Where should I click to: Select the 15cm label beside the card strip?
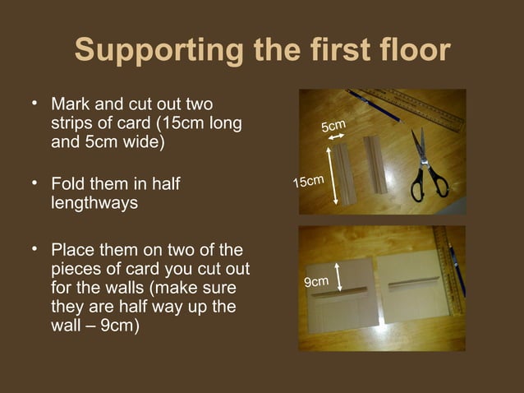coord(310,179)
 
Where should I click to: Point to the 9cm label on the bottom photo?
coord(316,282)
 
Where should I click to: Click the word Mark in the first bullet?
coord(67,106)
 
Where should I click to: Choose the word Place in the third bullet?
coord(71,249)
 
